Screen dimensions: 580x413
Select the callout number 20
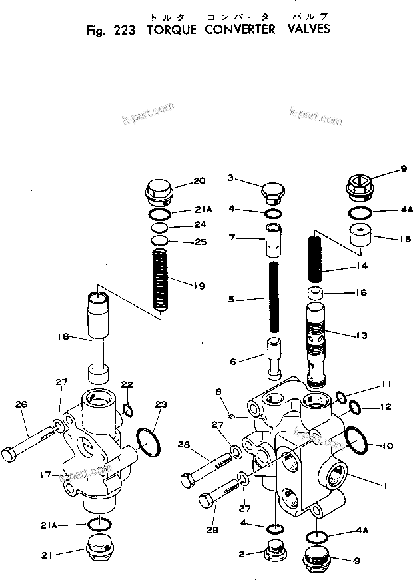(x=199, y=181)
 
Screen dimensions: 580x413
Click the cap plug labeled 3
(x=272, y=192)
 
